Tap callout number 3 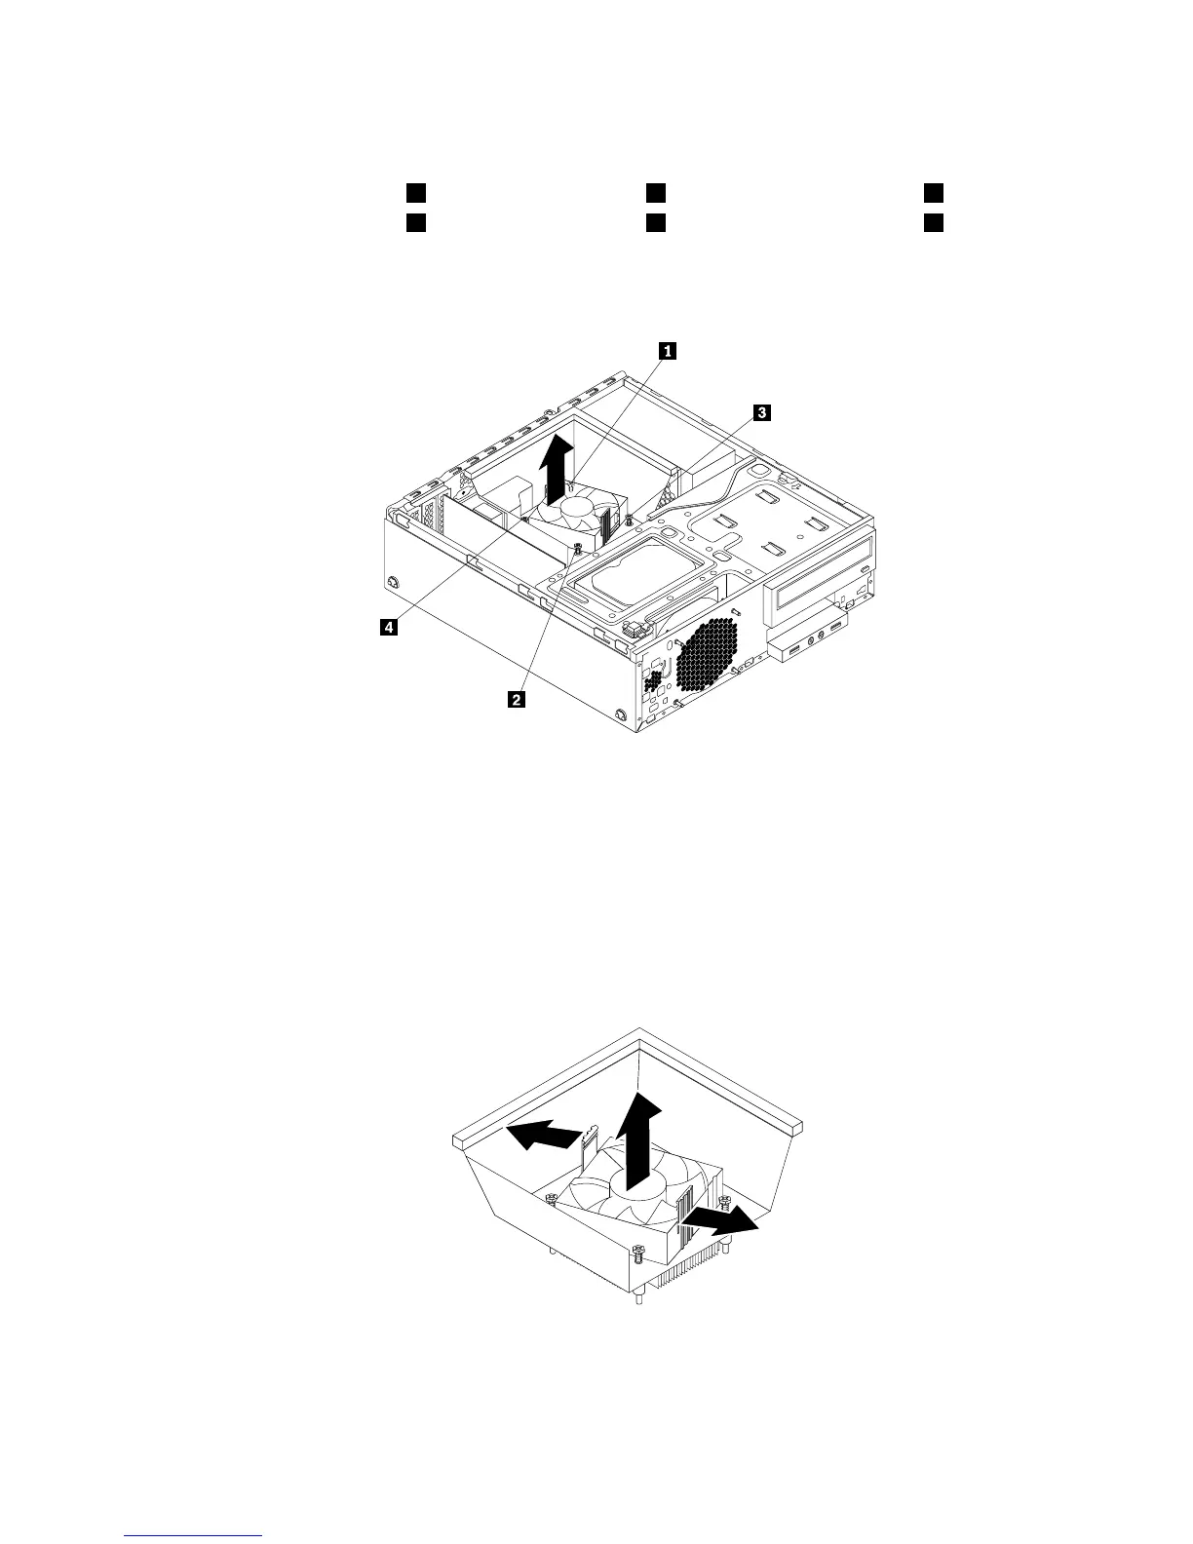(760, 413)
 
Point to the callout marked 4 (388, 629)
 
